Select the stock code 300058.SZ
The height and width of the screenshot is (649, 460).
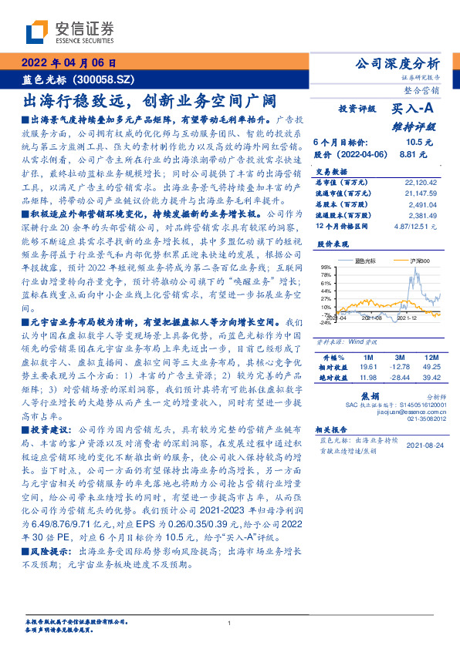coord(108,79)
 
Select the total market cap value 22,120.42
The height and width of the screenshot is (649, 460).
coord(420,182)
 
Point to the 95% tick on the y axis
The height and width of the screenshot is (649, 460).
coord(325,267)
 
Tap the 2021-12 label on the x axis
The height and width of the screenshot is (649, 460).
coord(408,318)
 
